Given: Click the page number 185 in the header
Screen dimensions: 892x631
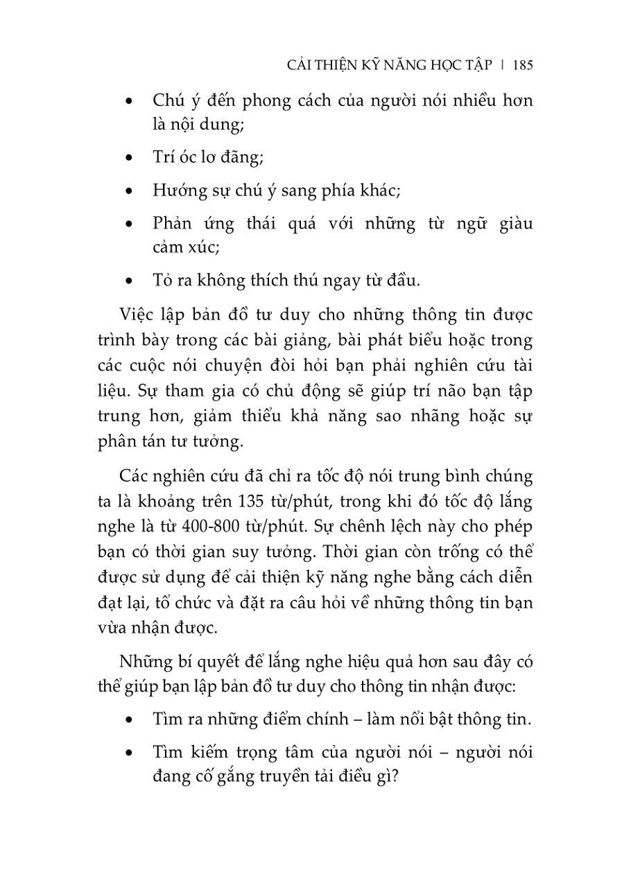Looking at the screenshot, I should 523,65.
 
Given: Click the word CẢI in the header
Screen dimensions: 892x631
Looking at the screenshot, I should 299,65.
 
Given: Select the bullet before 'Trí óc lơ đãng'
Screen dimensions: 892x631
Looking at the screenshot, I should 128,158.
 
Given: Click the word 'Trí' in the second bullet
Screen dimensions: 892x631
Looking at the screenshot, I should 162,157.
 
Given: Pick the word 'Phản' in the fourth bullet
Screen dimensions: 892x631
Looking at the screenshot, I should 172,224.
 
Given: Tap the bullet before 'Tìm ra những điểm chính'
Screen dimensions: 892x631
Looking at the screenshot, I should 128,719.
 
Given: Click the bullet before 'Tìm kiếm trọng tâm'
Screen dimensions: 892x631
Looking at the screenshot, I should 128,753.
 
